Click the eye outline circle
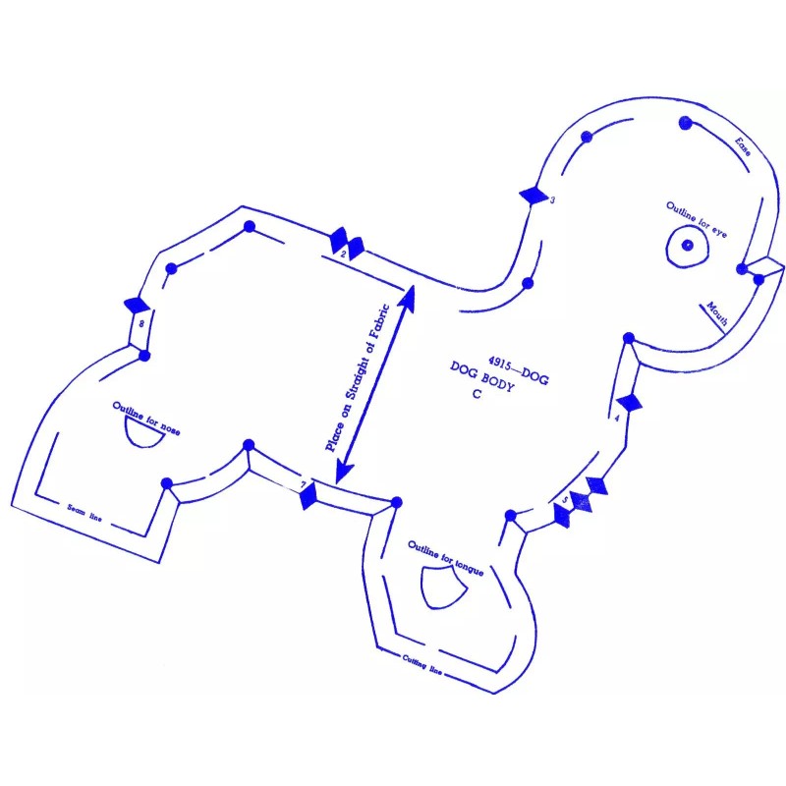[x=685, y=245]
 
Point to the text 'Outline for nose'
[x=146, y=418]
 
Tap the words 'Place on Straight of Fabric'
[x=360, y=378]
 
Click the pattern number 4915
[x=502, y=363]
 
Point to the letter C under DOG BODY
[x=475, y=395]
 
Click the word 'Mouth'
[x=716, y=314]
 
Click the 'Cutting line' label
[x=422, y=665]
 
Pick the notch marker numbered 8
[x=136, y=307]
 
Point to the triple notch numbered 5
[x=581, y=498]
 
